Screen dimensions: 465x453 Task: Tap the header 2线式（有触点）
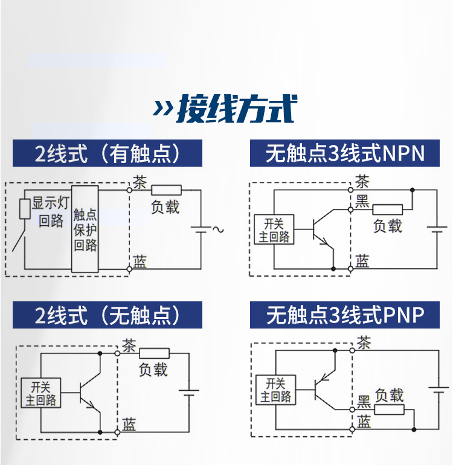click(108, 153)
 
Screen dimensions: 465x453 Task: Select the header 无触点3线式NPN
click(345, 153)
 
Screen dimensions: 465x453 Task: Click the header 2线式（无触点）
click(108, 315)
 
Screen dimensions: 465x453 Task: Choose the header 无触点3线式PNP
click(345, 315)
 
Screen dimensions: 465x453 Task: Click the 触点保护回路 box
click(85, 229)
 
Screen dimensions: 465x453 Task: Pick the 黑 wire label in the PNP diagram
click(364, 401)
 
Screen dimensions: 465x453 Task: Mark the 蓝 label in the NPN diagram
click(362, 260)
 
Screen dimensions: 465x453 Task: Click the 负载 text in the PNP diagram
click(389, 396)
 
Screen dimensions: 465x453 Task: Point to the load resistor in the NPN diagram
click(387, 210)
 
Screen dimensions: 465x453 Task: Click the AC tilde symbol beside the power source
click(213, 229)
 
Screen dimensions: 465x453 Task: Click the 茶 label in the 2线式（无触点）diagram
click(129, 346)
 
